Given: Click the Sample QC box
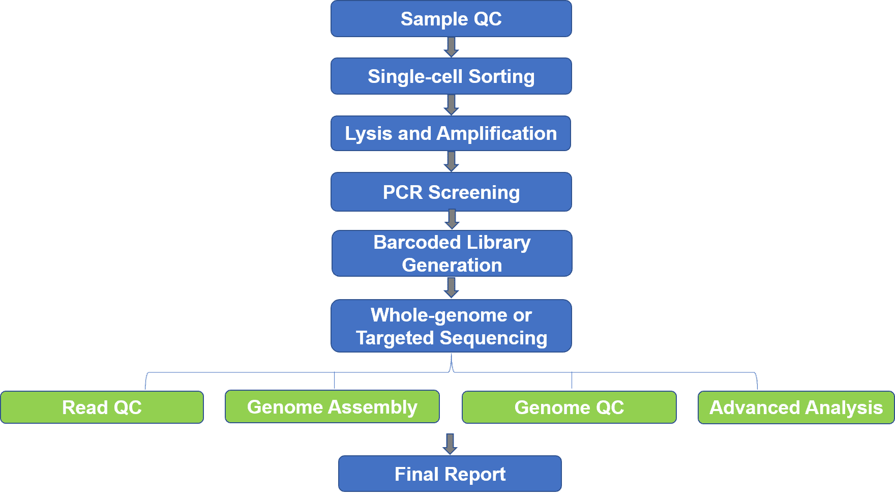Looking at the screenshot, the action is point(451,19).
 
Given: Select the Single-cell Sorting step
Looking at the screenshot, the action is point(451,76).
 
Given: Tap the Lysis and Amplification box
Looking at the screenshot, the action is point(451,133).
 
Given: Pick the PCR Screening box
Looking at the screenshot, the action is point(451,192).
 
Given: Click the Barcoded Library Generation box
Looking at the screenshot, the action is point(452,253).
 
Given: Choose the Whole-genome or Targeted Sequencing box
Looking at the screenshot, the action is point(451,326).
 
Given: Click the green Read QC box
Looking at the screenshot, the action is point(102,407).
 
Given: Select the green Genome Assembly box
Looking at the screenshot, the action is point(332,406).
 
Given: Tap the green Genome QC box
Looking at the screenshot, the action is point(569,407).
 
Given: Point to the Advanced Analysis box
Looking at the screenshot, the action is point(796,407).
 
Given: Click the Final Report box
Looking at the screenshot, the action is point(450,474).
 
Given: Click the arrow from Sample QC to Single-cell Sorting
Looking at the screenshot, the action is point(451,47).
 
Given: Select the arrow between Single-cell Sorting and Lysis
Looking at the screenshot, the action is point(451,105).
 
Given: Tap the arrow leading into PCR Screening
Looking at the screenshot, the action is point(451,161).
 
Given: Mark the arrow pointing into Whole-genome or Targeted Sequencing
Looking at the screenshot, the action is point(451,287).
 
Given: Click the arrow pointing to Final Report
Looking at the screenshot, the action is point(450,444).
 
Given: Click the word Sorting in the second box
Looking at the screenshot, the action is point(501,77).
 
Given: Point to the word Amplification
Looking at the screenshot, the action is point(496,133).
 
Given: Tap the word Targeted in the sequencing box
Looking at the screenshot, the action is point(395,338).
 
